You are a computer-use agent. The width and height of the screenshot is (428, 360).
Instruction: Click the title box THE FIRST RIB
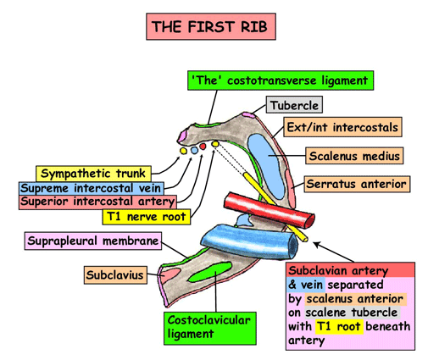point(211,26)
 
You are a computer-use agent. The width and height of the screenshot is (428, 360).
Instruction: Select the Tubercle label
point(294,105)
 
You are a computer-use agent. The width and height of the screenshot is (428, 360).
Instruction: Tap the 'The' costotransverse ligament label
point(281,80)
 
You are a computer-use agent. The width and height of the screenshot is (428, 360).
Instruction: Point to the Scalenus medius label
point(354,156)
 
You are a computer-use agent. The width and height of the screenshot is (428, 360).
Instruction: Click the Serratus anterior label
point(357,184)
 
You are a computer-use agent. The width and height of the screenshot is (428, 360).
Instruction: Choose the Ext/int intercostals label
point(342,127)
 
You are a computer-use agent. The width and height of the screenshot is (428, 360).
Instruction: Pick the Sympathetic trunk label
point(93,174)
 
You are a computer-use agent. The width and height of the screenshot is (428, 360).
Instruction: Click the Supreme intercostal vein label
point(92,188)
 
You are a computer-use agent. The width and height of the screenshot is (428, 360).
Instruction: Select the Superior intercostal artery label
point(97,202)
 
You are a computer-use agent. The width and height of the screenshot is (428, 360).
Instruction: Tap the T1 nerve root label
point(147,217)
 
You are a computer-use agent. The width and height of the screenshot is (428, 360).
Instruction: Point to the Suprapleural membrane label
point(93,241)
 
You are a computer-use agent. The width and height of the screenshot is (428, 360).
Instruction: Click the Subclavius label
point(115,274)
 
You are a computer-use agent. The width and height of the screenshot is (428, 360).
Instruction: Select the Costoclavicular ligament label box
point(210,329)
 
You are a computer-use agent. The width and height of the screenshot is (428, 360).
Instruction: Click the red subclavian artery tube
point(270,210)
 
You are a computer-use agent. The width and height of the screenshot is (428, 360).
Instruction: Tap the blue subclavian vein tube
point(249,241)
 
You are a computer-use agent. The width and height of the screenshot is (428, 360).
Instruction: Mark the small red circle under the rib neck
point(203,147)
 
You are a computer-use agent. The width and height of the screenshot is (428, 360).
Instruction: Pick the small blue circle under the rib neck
point(194,151)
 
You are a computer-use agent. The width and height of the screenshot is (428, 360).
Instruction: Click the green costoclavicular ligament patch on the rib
point(209,272)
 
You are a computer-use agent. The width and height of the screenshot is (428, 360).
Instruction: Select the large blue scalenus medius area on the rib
point(266,166)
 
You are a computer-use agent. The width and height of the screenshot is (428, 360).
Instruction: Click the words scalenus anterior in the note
point(355,299)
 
